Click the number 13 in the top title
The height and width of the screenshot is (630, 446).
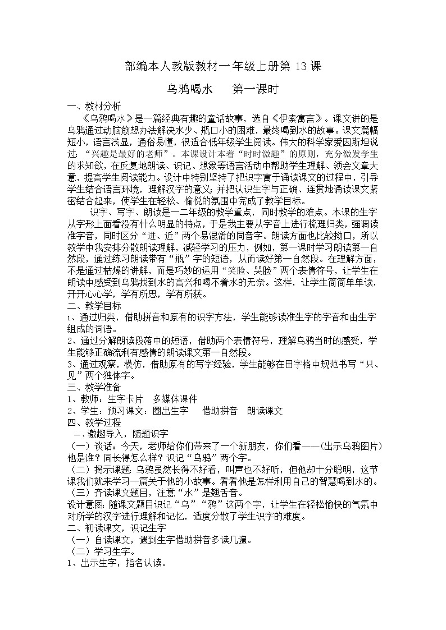click(301, 66)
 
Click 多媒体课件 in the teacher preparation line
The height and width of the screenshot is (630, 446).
click(175, 399)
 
